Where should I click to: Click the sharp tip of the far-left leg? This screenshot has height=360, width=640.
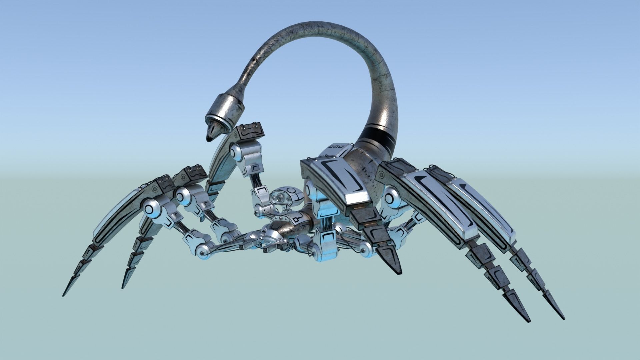64,295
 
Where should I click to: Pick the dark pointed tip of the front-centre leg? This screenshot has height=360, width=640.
399,273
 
